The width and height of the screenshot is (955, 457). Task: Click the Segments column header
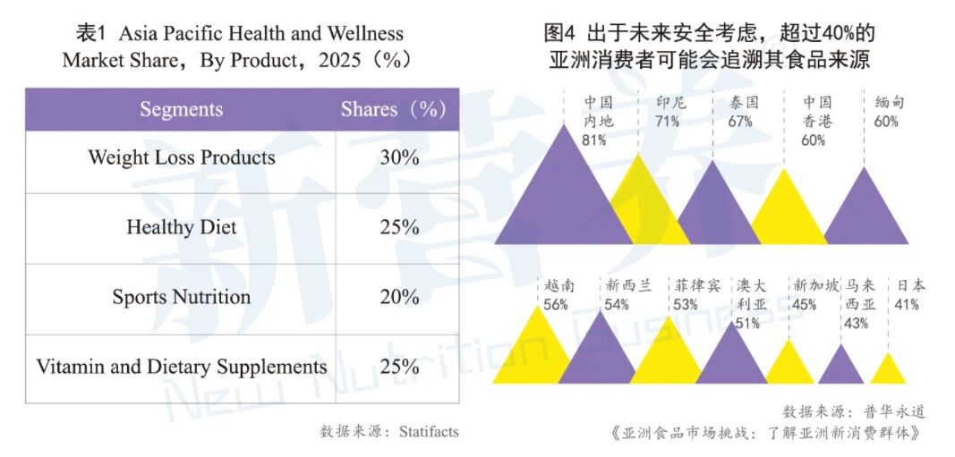tap(181, 110)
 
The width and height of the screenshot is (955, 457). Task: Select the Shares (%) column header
tap(393, 110)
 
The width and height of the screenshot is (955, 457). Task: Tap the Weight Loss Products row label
tap(181, 158)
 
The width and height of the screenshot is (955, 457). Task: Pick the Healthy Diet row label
tap(181, 227)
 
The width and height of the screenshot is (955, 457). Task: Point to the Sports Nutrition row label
tap(181, 297)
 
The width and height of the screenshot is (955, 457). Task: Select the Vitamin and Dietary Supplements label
tap(181, 367)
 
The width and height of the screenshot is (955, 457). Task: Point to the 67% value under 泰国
tap(740, 122)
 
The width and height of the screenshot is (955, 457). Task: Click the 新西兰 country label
tap(628, 286)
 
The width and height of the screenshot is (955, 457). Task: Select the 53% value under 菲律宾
tap(686, 305)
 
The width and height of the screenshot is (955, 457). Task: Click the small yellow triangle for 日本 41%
tap(887, 370)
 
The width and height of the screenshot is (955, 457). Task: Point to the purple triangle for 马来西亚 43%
tap(840, 367)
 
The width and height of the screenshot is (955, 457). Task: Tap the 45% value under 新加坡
tap(804, 305)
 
